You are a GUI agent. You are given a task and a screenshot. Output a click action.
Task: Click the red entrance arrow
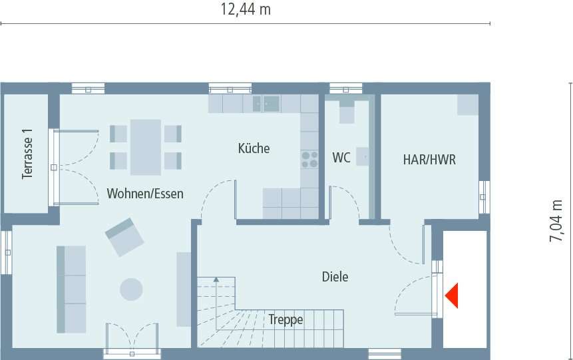[453, 295]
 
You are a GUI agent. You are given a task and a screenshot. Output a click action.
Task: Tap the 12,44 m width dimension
[246, 10]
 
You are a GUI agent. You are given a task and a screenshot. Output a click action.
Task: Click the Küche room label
[254, 148]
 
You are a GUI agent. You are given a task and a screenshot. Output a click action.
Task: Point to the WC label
[341, 158]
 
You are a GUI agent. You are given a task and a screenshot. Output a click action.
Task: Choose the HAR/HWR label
[429, 160]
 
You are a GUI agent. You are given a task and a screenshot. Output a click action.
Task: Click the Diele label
[335, 277]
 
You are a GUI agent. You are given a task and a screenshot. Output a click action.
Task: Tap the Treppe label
[286, 320]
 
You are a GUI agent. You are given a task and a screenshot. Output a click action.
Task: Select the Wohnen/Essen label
[145, 194]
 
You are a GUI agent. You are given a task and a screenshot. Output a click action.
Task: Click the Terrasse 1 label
[27, 153]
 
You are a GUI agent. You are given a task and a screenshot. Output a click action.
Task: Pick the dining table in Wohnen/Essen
[145, 146]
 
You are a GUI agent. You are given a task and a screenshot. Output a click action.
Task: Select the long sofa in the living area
[71, 288]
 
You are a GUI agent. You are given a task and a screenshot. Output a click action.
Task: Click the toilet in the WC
[347, 112]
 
